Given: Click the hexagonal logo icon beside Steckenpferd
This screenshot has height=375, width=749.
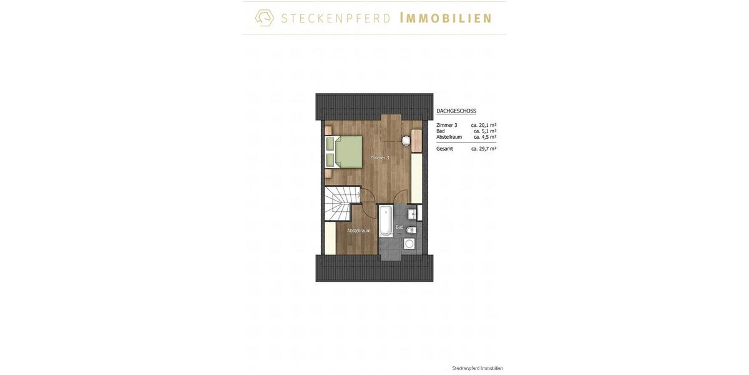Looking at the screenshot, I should click(265, 17).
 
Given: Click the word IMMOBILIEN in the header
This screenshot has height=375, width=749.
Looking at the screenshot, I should click(445, 18).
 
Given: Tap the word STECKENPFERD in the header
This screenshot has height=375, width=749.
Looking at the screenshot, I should click(336, 18).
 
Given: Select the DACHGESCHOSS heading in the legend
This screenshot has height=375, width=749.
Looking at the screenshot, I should click(456, 111).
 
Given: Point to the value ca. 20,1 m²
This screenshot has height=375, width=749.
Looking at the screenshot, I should click(484, 125).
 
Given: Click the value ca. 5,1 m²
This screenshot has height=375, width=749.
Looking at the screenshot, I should click(485, 131).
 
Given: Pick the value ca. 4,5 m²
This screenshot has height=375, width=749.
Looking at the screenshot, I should click(485, 137).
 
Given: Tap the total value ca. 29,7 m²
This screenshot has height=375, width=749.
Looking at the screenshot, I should click(484, 149).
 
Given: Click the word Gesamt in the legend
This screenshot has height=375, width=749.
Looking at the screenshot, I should click(444, 149).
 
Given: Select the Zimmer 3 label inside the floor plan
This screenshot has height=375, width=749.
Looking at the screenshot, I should click(379, 157).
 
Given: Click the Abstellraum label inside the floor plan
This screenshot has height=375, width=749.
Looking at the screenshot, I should click(359, 231).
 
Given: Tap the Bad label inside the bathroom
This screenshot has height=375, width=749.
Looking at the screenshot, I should click(399, 227).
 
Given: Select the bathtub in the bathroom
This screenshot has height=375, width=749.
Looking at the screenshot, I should click(386, 221).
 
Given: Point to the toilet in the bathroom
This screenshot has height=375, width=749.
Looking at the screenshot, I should click(411, 230).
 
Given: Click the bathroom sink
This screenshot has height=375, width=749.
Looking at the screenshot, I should click(413, 214).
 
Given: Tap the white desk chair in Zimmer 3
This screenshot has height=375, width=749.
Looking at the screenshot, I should click(406, 141).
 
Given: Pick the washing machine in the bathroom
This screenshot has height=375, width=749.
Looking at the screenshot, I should click(409, 244).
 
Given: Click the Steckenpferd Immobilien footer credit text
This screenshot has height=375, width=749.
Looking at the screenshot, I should click(477, 368).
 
